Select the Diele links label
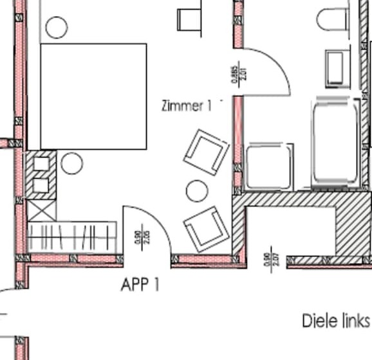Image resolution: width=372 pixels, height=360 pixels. pos(335,320)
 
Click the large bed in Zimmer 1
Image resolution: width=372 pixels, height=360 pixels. pos(94,96)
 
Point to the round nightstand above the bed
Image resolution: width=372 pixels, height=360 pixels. pos(57,27)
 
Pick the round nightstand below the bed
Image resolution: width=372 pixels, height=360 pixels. pos(72,163)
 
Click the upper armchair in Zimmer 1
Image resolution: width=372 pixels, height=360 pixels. pos(206,151)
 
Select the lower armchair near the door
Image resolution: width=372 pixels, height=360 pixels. pos(206,228)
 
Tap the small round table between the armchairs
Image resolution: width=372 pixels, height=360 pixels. pos(197,190)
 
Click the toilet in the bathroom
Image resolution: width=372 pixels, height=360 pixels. pos(333,19)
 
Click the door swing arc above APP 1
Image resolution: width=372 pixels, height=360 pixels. pos(148,228)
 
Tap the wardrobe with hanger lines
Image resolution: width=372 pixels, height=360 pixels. pos(73,237)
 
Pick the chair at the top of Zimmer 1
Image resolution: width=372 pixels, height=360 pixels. pos(190,19)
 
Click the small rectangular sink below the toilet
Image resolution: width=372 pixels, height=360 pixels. pos(335,67)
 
